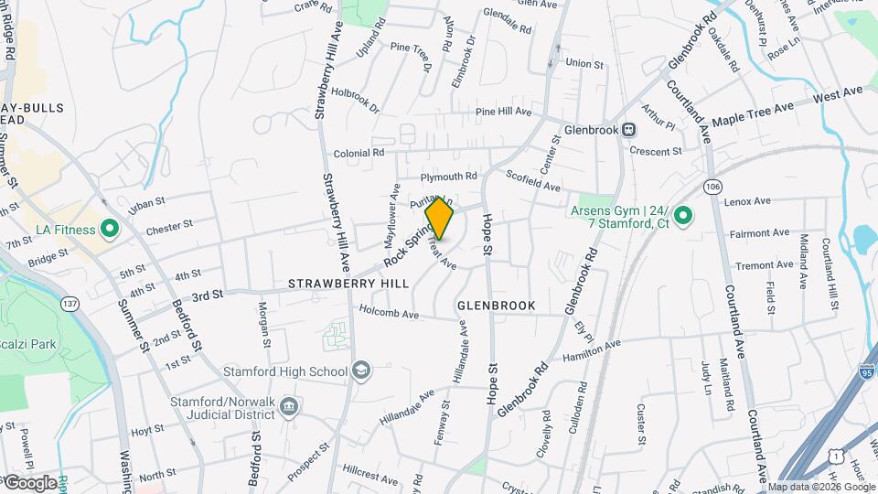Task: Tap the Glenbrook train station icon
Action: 629,130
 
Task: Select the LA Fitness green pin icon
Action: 111,229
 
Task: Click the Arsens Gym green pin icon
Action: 684,216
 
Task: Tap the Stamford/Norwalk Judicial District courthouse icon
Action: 289,406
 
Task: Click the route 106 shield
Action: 712,187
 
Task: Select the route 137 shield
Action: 69,303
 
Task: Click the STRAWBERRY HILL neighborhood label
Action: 348,285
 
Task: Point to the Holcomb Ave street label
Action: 389,314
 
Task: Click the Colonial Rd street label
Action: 359,154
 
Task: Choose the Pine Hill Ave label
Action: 503,112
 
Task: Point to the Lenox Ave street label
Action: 748,200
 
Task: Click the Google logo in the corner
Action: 31,482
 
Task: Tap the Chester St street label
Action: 169,224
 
